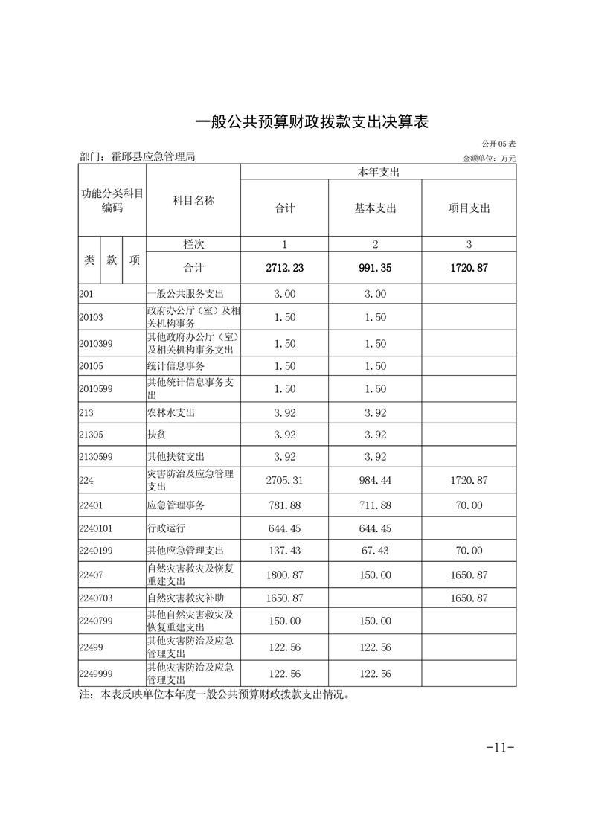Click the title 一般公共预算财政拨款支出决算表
pos(312,121)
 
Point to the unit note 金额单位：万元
pos(489,158)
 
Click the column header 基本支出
pos(375,208)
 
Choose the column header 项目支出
pos(469,208)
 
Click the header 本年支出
pos(378,172)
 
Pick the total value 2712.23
pos(284,268)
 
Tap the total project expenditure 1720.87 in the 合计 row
pos(469,268)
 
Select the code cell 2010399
pos(95,343)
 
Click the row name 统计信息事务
pos(176,366)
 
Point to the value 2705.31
pos(284,481)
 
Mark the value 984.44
pos(375,481)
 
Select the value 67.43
pos(375,551)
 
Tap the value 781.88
pos(284,505)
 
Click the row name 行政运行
pos(166,528)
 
